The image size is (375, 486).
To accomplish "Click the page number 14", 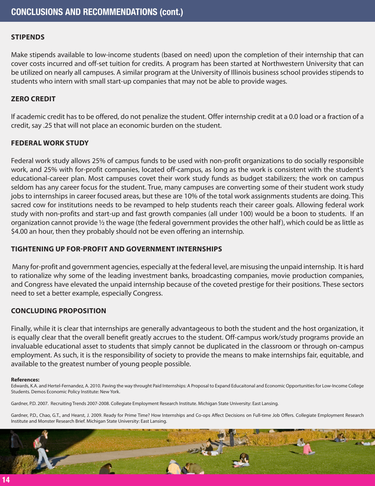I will (x=6, y=480).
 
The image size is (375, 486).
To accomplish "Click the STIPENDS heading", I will (x=27, y=38).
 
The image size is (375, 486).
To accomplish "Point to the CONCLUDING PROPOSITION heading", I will (x=58, y=311).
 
